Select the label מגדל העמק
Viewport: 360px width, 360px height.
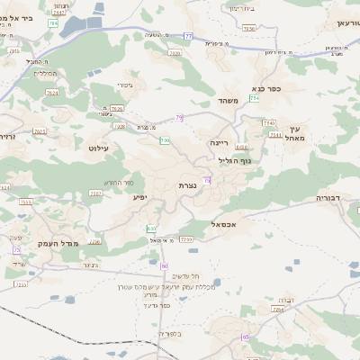click(x=58, y=244)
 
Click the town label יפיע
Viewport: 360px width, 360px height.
click(x=139, y=196)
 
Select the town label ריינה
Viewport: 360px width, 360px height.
click(x=220, y=142)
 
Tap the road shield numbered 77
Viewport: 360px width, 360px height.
click(x=188, y=36)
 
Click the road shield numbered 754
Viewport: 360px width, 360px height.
click(x=255, y=98)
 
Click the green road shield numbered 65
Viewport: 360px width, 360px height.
click(x=245, y=337)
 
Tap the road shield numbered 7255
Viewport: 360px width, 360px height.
click(x=186, y=239)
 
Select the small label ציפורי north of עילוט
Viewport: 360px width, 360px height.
click(x=125, y=85)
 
